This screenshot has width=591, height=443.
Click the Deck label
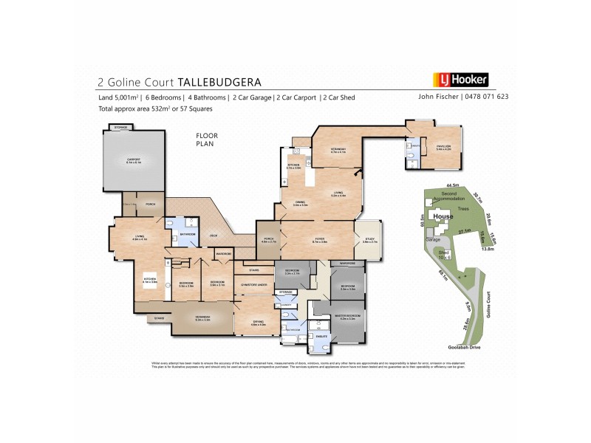click(213, 236)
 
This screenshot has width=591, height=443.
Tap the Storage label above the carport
click(120, 128)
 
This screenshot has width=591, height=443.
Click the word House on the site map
click(443, 216)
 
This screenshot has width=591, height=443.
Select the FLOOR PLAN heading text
click(204, 140)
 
